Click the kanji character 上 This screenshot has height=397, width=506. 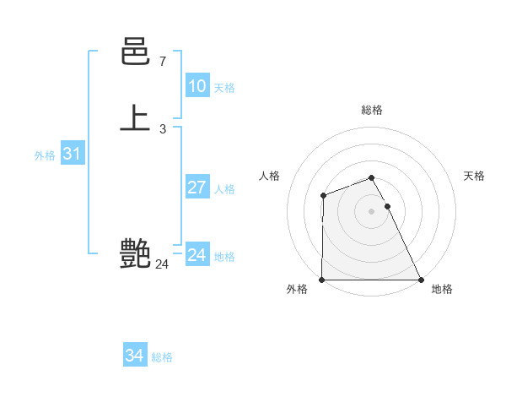(135, 118)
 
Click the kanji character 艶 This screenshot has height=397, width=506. (135, 253)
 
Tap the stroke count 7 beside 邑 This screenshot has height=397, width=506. (162, 61)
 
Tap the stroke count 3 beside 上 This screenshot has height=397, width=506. (162, 128)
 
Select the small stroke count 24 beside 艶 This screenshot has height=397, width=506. (162, 264)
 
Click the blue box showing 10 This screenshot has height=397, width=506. (196, 86)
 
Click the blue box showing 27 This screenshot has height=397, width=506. (196, 188)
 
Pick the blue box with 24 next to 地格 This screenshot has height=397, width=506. (196, 255)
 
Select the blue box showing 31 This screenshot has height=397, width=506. (72, 155)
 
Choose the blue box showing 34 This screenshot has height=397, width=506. (134, 356)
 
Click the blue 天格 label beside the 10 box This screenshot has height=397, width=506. (224, 88)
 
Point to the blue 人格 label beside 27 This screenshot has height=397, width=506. (224, 189)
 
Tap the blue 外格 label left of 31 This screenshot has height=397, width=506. (45, 155)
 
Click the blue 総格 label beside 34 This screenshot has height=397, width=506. (162, 357)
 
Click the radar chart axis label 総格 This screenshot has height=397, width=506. (372, 110)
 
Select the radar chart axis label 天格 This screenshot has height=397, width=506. (474, 176)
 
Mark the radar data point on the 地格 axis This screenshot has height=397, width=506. (421, 280)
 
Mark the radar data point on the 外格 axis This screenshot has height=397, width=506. (322, 280)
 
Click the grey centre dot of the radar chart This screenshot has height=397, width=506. (372, 211)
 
